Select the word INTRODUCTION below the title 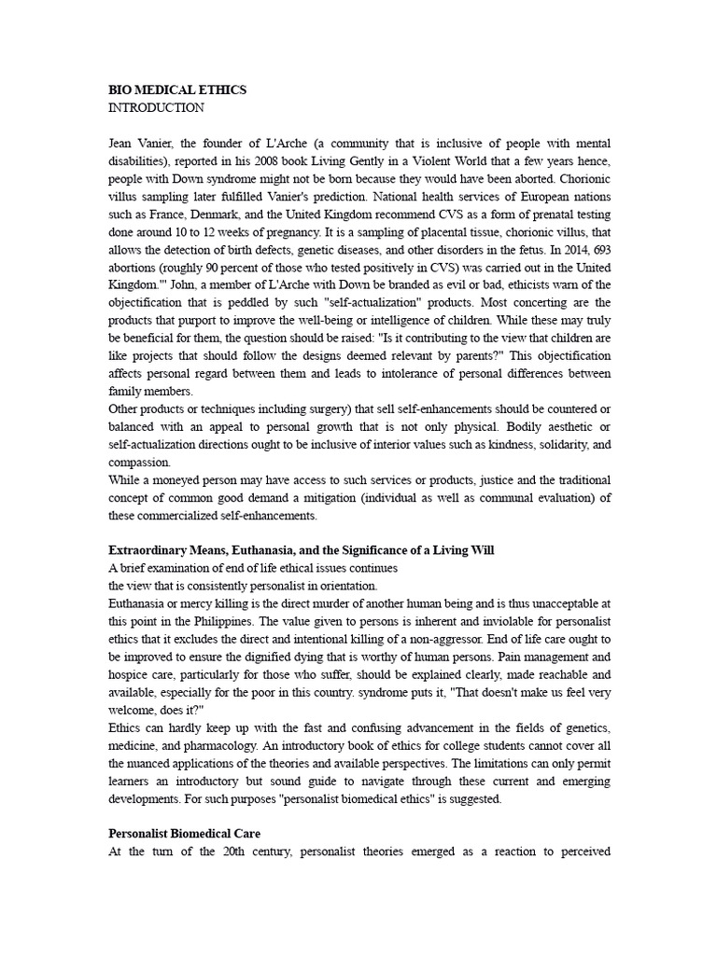[157, 108]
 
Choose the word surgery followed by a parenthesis [299, 409]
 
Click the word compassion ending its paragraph [139, 463]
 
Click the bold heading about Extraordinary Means [302, 551]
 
